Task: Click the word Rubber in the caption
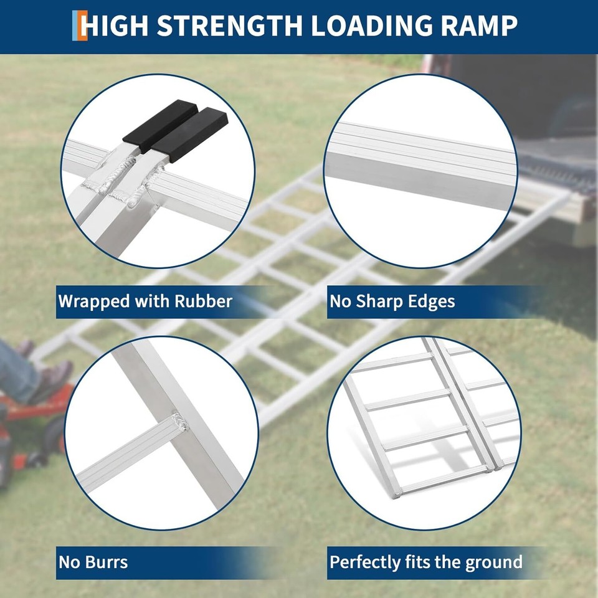pyautogui.click(x=203, y=301)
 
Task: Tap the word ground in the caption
pyautogui.click(x=491, y=562)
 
